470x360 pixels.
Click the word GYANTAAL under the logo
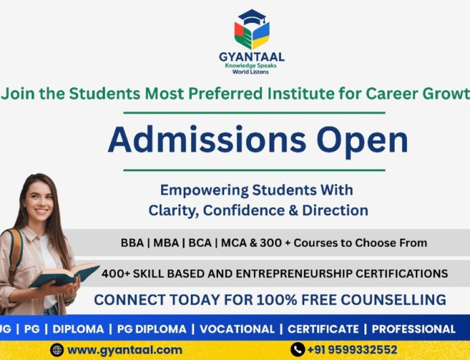[252, 57]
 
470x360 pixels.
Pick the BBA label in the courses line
[131, 242]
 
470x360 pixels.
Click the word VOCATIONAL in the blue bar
[237, 329]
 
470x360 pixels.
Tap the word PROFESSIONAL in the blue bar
[413, 329]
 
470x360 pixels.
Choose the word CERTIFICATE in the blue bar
[323, 329]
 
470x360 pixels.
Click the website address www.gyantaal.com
[125, 350]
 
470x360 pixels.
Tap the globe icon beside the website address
[58, 350]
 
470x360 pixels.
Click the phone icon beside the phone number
[297, 350]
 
